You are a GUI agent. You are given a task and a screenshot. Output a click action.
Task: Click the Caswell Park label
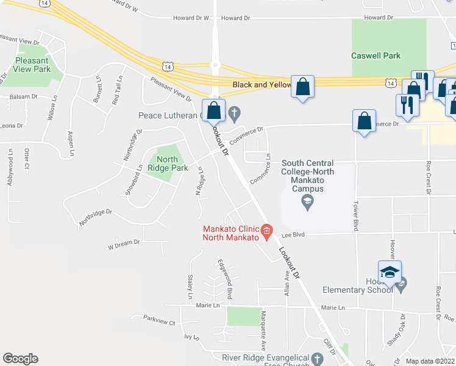point(376,56)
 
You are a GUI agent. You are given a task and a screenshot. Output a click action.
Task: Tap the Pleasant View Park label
point(34,65)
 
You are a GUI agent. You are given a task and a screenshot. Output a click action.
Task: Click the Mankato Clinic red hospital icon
point(266,230)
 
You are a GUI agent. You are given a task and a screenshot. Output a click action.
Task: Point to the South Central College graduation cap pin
point(307,204)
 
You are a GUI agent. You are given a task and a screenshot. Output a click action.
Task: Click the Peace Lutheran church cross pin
point(234,113)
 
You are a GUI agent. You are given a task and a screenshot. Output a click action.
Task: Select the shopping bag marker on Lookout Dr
point(213,111)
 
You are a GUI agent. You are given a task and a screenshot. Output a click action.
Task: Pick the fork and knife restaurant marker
point(407,105)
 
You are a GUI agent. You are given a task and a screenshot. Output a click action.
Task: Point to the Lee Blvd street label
point(293,234)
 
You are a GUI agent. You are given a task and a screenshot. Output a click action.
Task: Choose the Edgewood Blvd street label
point(224,278)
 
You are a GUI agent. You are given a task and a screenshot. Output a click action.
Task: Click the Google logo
point(20,358)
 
